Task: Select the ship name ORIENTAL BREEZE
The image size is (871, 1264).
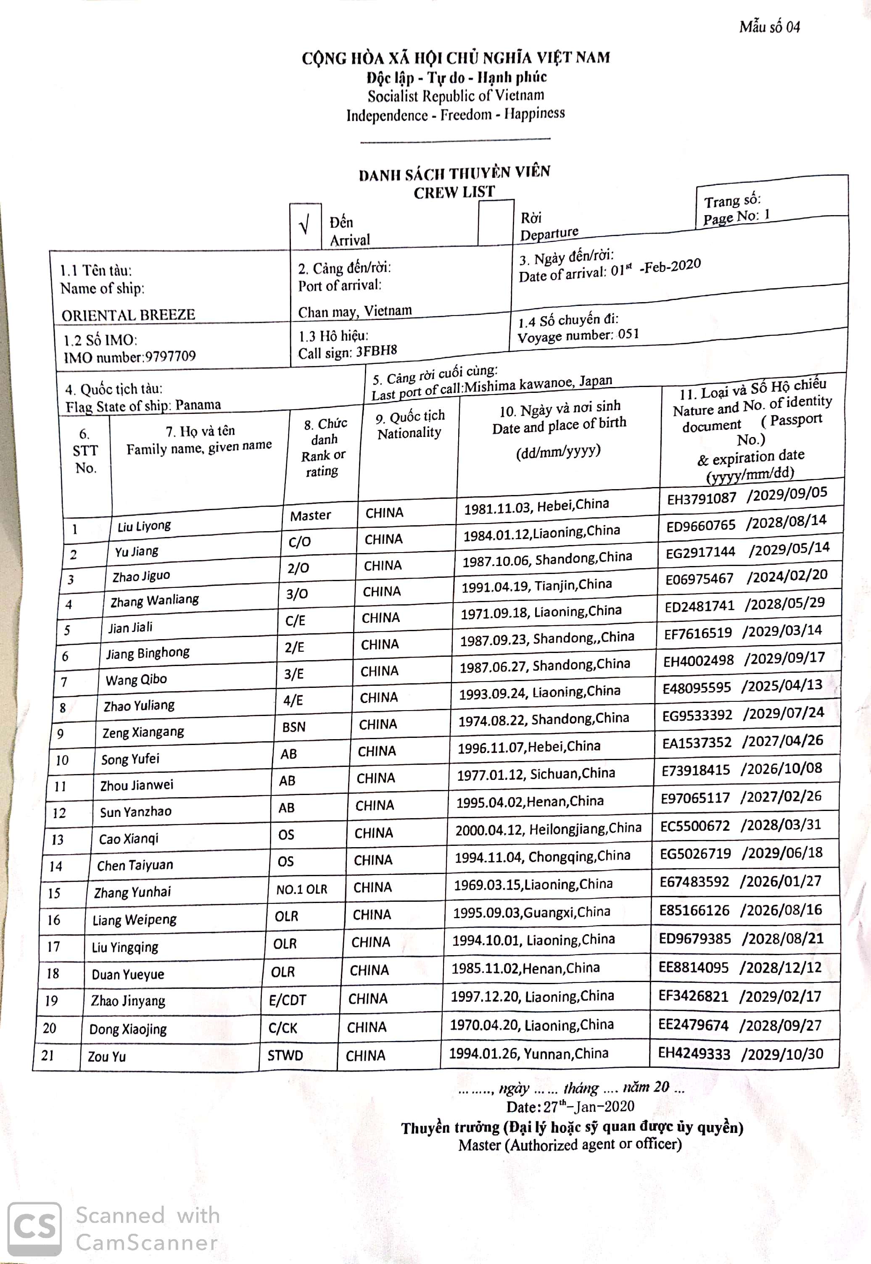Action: [128, 315]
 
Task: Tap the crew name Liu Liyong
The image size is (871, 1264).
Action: [144, 526]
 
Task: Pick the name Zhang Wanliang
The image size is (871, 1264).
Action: [154, 600]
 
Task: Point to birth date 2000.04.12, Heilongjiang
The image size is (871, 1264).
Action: [548, 829]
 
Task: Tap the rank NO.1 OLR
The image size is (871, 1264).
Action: [301, 889]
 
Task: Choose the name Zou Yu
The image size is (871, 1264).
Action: [106, 1057]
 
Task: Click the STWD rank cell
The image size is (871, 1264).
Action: [285, 1056]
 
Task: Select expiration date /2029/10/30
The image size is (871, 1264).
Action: [781, 1053]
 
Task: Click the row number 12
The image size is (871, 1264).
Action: [59, 813]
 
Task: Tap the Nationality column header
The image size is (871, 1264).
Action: [409, 424]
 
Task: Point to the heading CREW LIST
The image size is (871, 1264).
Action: [454, 192]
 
